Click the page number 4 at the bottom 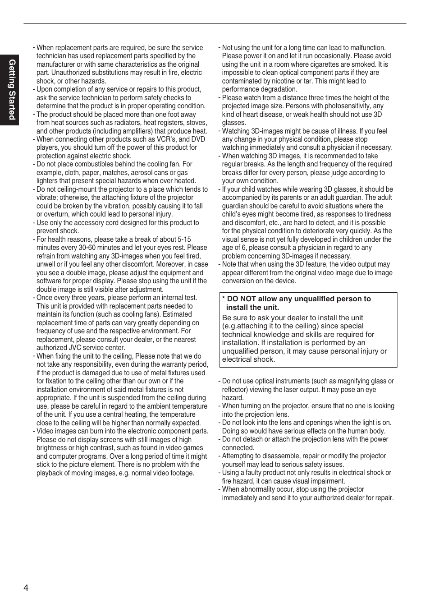click(x=26, y=588)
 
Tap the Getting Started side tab click(x=12, y=90)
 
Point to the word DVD click(x=198, y=139)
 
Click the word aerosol click(x=140, y=173)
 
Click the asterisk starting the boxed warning click(x=224, y=299)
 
